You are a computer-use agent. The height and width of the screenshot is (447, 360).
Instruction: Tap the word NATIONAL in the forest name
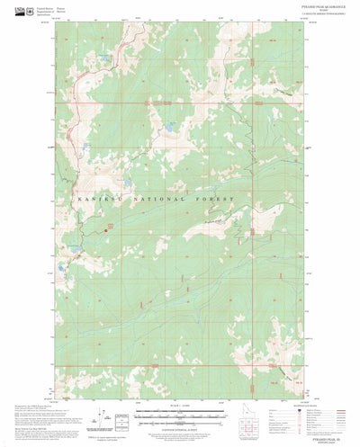(x=151, y=198)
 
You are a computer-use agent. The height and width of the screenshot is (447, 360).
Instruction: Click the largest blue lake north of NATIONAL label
(x=167, y=130)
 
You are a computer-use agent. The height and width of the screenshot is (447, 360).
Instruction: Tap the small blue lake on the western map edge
(x=60, y=269)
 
